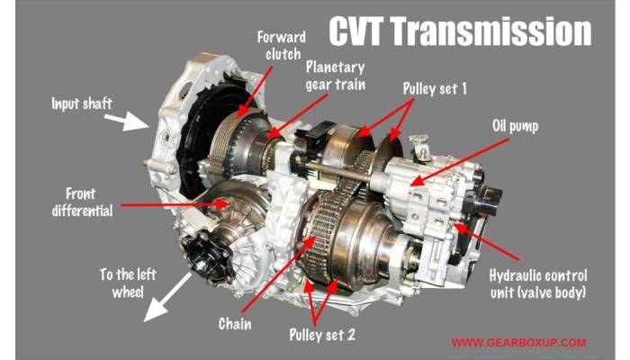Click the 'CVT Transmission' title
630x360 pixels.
coord(459,31)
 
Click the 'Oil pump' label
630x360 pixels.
coord(516,127)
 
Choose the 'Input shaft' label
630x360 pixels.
coord(82,104)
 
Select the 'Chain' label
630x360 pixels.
coord(235,322)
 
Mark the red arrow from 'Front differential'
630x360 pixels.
coord(171,204)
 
